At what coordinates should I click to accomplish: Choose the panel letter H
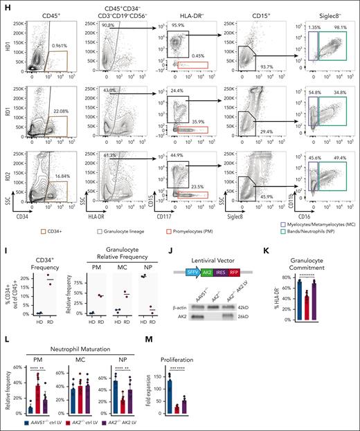(5, 5)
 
